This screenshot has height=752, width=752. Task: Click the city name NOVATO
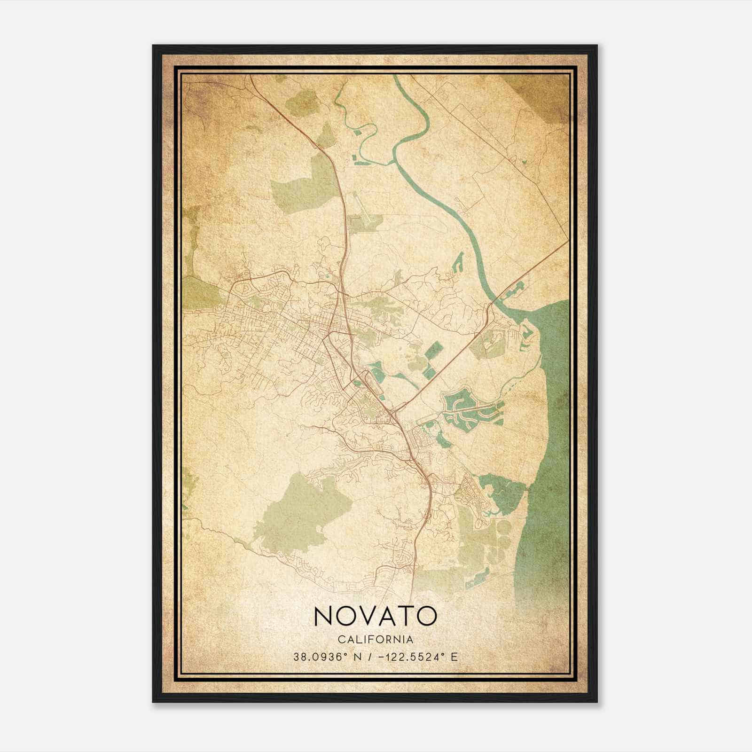(x=375, y=616)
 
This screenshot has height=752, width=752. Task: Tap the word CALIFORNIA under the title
(x=375, y=640)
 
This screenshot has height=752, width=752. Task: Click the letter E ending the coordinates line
(x=454, y=657)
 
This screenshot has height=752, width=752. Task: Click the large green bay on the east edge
(x=550, y=423)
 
